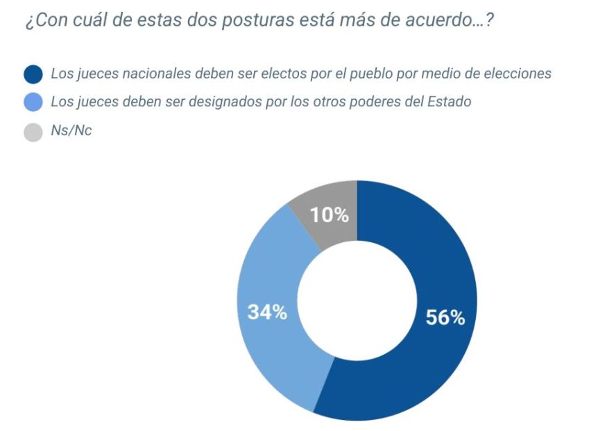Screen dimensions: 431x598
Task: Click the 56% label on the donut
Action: click(445, 318)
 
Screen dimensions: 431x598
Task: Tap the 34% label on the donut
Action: click(267, 312)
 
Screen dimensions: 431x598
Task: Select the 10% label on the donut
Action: click(329, 215)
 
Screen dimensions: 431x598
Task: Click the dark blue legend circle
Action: click(33, 74)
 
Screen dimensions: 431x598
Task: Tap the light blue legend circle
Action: click(33, 103)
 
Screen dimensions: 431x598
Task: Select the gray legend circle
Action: click(33, 132)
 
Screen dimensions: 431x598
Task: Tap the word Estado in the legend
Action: click(450, 102)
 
